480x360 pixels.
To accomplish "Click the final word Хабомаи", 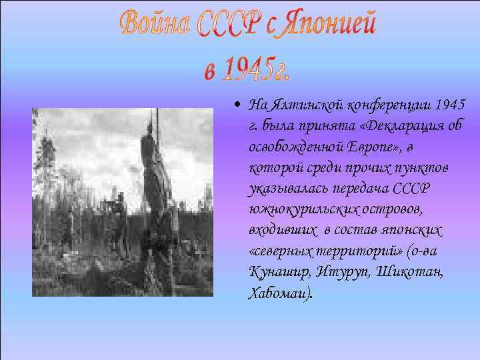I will [278, 294].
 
